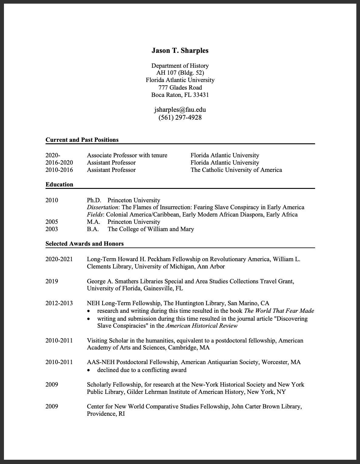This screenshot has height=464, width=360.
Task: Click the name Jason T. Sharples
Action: (180, 51)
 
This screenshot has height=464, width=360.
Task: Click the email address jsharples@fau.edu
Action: (180, 110)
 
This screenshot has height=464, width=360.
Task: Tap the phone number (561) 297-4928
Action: (180, 118)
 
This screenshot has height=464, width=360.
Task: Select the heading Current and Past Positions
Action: (82, 140)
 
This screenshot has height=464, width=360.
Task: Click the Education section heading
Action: (59, 185)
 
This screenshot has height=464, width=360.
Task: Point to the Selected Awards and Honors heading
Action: (84, 244)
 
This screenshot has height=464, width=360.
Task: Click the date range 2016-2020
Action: (59, 163)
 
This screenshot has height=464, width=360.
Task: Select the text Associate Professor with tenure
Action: (127, 155)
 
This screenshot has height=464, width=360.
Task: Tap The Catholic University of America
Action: (236, 170)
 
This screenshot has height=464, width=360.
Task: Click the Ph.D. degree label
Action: (94, 200)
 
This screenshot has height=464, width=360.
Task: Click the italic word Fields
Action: (94, 215)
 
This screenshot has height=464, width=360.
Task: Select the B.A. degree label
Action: (93, 229)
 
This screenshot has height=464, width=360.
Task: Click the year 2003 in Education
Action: (52, 229)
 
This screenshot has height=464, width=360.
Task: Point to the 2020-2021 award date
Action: (59, 259)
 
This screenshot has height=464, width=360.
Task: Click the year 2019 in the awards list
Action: (52, 281)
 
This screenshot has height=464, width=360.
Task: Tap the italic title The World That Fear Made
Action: (279, 311)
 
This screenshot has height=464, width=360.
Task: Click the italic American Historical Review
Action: (202, 326)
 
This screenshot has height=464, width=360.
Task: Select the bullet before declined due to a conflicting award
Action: (89, 370)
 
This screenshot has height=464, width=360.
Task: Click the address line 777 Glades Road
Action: (180, 88)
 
